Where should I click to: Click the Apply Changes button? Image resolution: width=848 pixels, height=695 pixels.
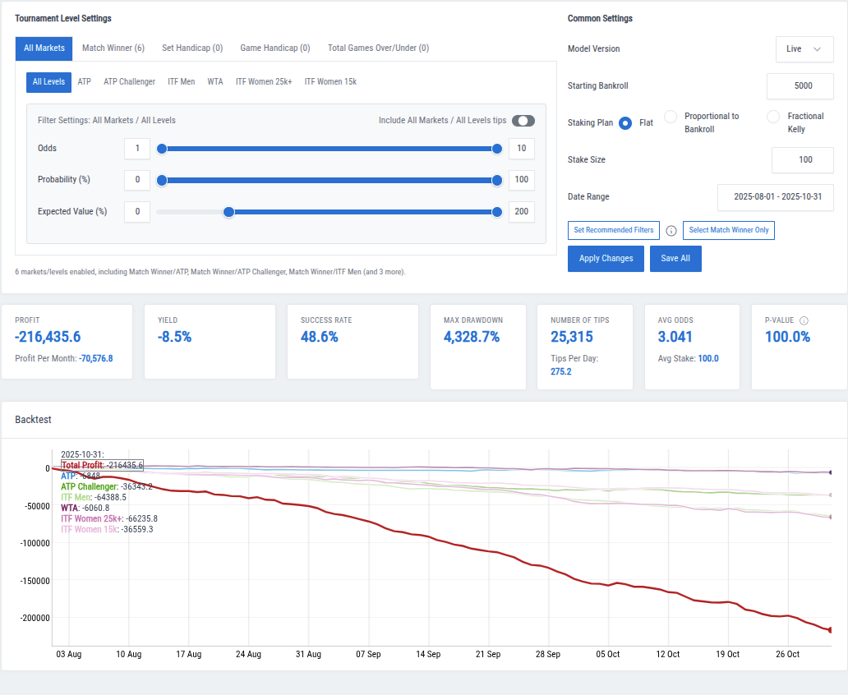point(606,258)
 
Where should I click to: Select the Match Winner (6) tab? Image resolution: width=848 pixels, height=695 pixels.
point(113,48)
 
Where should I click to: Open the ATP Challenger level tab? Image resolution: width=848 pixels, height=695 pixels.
point(129,82)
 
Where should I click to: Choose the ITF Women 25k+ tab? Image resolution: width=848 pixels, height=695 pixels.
point(264,82)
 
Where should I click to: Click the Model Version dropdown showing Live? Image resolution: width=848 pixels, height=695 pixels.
point(804,49)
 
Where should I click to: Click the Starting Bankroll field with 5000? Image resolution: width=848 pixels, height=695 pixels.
point(800,85)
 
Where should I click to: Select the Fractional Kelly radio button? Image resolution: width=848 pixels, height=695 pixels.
point(773,117)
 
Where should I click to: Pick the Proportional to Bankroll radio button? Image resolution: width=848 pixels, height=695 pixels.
point(671,117)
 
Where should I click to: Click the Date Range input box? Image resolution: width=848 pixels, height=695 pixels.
point(775,197)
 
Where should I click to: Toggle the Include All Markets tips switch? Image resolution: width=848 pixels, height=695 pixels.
point(523,121)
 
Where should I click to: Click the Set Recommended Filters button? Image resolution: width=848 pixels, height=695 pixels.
point(613,230)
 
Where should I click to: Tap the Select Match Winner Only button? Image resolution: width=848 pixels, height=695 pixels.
point(728,230)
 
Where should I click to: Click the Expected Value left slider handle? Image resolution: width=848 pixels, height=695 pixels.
point(229,212)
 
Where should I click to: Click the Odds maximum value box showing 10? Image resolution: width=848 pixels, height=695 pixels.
point(521,149)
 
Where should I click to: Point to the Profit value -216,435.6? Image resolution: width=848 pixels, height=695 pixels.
point(48,337)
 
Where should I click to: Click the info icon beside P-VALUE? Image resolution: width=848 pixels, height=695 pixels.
point(804,320)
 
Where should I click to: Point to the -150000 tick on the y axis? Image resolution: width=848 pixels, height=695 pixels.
point(31,581)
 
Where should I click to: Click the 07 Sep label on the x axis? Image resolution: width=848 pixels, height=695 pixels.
point(368,655)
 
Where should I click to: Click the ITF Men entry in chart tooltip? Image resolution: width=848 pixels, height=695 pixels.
point(76,497)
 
